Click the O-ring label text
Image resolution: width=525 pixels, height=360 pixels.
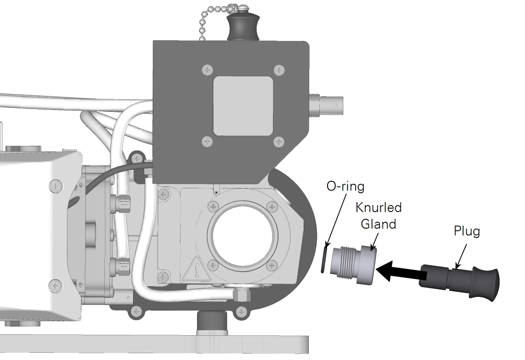345,186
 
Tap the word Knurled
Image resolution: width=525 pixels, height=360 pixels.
379,207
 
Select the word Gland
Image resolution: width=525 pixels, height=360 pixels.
379,224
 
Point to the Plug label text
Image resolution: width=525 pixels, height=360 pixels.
467,232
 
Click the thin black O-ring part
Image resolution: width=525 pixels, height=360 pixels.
324,260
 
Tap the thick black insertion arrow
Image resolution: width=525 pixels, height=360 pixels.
401,271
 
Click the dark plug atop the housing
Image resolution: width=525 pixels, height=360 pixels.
243,28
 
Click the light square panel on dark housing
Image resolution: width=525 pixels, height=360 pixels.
243,106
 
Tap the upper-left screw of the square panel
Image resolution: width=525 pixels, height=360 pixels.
207,70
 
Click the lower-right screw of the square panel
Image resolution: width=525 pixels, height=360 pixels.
279,142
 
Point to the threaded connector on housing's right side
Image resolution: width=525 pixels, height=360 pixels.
326,105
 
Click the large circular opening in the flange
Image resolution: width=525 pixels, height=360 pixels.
243,236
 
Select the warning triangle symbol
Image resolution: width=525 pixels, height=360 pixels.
197,269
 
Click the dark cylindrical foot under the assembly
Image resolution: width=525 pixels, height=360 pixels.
212,320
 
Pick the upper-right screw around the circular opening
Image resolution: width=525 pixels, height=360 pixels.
272,207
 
